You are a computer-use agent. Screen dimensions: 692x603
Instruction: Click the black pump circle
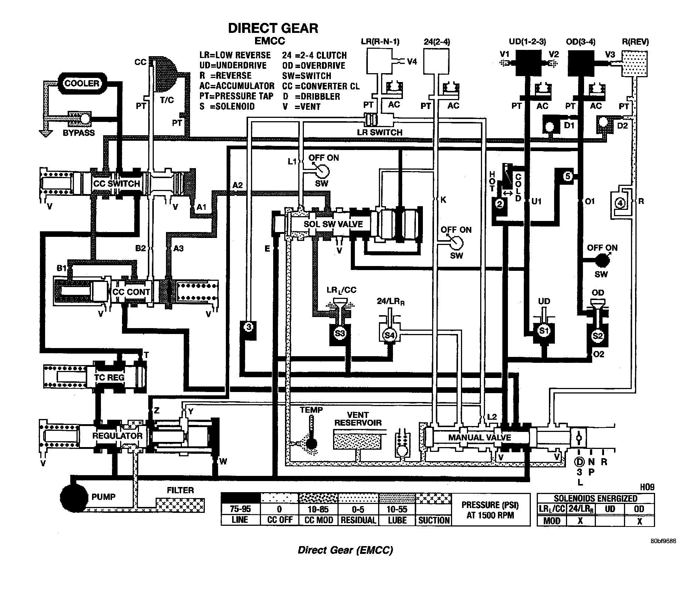click(74, 497)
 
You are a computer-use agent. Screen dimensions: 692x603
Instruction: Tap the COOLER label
click(82, 83)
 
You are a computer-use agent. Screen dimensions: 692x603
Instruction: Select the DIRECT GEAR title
click(273, 28)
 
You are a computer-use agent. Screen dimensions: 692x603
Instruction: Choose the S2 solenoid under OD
click(597, 336)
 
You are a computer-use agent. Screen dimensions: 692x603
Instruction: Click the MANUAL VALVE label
click(479, 437)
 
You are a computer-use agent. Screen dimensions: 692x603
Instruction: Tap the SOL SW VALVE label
click(333, 224)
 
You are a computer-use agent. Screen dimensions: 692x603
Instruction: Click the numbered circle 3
click(249, 327)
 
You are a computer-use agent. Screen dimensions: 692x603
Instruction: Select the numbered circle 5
click(568, 176)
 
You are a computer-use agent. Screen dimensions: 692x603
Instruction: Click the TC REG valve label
click(109, 378)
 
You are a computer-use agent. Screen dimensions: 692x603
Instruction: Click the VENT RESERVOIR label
click(358, 419)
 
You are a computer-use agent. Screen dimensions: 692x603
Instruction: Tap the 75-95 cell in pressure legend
click(240, 509)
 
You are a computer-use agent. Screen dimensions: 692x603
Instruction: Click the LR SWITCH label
click(380, 132)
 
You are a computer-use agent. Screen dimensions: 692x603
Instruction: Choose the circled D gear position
click(579, 461)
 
